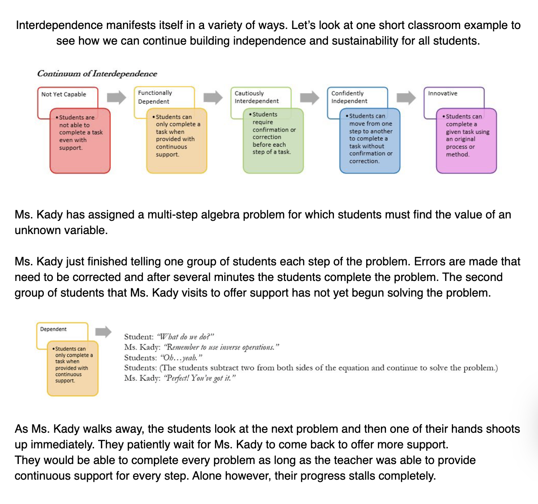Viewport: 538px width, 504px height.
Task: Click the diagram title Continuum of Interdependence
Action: coord(97,74)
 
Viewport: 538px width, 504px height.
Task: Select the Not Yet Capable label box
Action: coord(64,94)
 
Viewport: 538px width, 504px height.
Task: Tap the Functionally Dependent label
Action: coord(155,97)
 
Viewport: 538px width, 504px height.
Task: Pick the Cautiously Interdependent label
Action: coord(257,97)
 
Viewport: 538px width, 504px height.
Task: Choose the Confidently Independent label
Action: coord(349,97)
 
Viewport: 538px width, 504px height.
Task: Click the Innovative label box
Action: coord(443,93)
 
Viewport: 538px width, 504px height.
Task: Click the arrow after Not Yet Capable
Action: coord(117,97)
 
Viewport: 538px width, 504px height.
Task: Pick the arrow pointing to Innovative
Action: coord(406,97)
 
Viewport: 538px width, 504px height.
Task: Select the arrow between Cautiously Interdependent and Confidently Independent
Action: coord(310,97)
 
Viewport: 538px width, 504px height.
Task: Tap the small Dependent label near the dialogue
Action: coord(53,329)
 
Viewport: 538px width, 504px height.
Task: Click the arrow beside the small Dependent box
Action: coord(104,332)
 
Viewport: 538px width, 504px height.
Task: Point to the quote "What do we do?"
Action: coord(186,337)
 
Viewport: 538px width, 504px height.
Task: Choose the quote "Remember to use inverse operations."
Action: coord(222,347)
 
